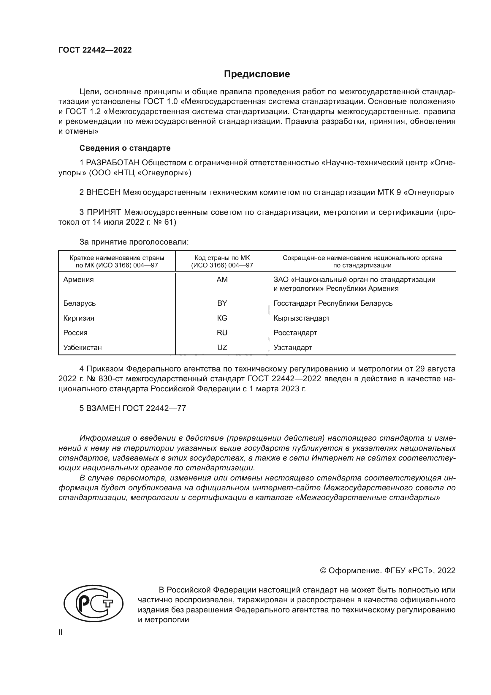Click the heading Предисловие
[257, 74]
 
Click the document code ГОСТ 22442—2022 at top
[95, 50]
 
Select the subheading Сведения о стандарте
[125, 148]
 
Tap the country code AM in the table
[222, 280]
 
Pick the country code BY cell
[222, 303]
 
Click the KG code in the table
[222, 318]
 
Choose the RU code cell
[222, 333]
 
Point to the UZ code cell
[222, 348]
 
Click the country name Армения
[78, 280]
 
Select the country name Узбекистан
[82, 348]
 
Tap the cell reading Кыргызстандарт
[301, 318]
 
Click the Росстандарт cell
[295, 333]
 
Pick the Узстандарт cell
[293, 348]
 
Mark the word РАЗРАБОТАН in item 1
[113, 163]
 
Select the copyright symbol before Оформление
[323, 571]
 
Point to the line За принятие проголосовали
[134, 242]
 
